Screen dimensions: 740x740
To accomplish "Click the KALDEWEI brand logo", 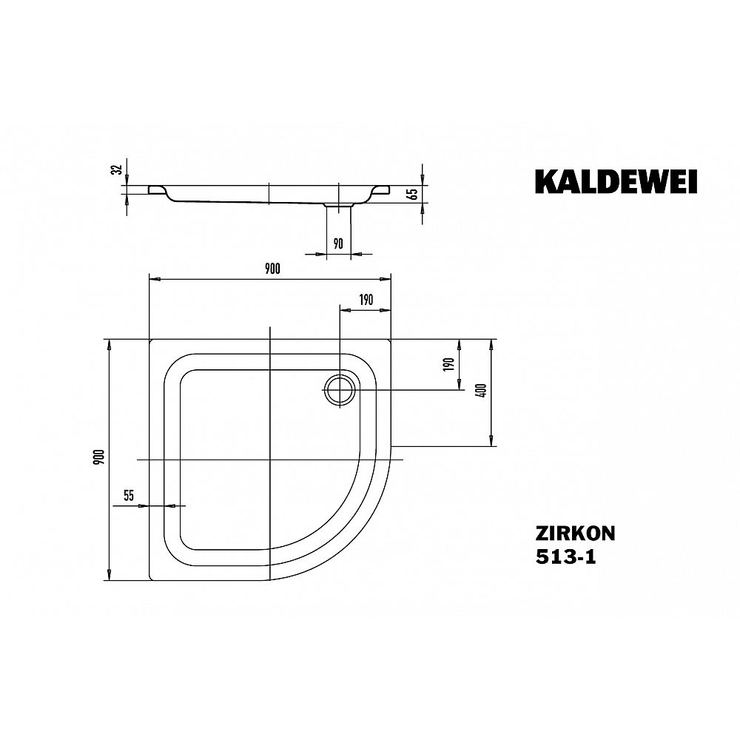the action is point(616,182).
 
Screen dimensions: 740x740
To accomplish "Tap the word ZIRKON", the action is point(575,534).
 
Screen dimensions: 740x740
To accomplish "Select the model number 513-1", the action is point(565,557).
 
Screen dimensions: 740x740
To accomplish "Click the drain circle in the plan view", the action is point(339,390).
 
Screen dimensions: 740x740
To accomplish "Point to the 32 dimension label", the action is point(118,169).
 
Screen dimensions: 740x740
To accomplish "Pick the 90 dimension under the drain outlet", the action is point(338,243).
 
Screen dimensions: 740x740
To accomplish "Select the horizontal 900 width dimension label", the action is point(272,269).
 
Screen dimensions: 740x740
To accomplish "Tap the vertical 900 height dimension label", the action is point(98,458).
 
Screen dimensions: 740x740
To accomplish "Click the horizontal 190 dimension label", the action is point(366,300).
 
